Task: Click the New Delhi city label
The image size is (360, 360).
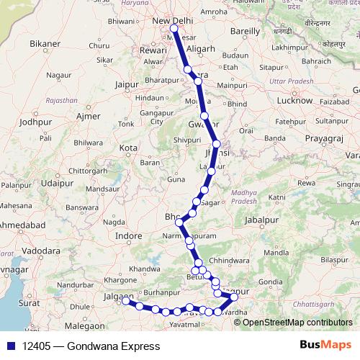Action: coord(173,20)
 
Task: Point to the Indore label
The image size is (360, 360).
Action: coord(129,235)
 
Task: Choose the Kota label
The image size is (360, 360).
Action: coord(128,148)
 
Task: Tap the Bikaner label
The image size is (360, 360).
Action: coord(44,45)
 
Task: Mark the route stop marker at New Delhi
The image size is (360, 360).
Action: coord(173,30)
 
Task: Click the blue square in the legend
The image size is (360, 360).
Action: coord(12,346)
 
